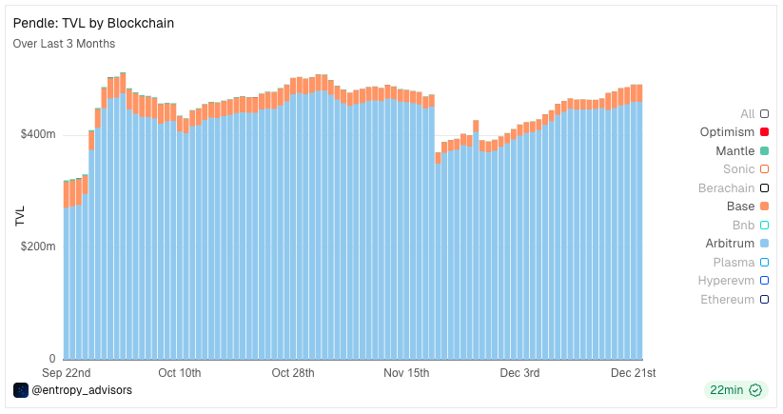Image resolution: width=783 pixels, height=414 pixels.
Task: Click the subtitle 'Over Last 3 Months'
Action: (64, 44)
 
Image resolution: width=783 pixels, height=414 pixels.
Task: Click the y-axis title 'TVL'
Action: (20, 216)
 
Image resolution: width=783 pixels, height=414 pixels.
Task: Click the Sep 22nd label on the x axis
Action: (67, 372)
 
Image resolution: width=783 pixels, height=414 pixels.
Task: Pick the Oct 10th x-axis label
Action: (180, 372)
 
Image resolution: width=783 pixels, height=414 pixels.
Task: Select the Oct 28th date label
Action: (293, 372)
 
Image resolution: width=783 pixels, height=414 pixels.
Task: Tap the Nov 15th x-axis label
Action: (406, 372)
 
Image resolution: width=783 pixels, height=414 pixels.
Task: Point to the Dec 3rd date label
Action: (519, 372)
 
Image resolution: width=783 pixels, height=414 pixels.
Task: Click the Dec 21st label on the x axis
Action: (633, 372)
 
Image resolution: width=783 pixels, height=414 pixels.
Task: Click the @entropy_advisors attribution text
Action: (82, 390)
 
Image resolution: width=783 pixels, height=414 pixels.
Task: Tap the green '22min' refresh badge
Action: (734, 390)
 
